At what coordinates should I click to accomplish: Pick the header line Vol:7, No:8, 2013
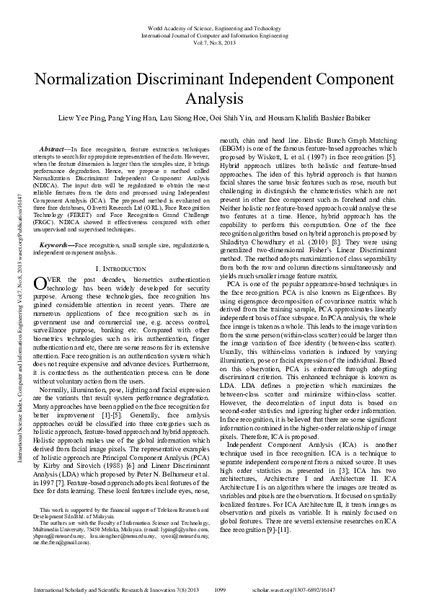(x=214, y=42)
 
